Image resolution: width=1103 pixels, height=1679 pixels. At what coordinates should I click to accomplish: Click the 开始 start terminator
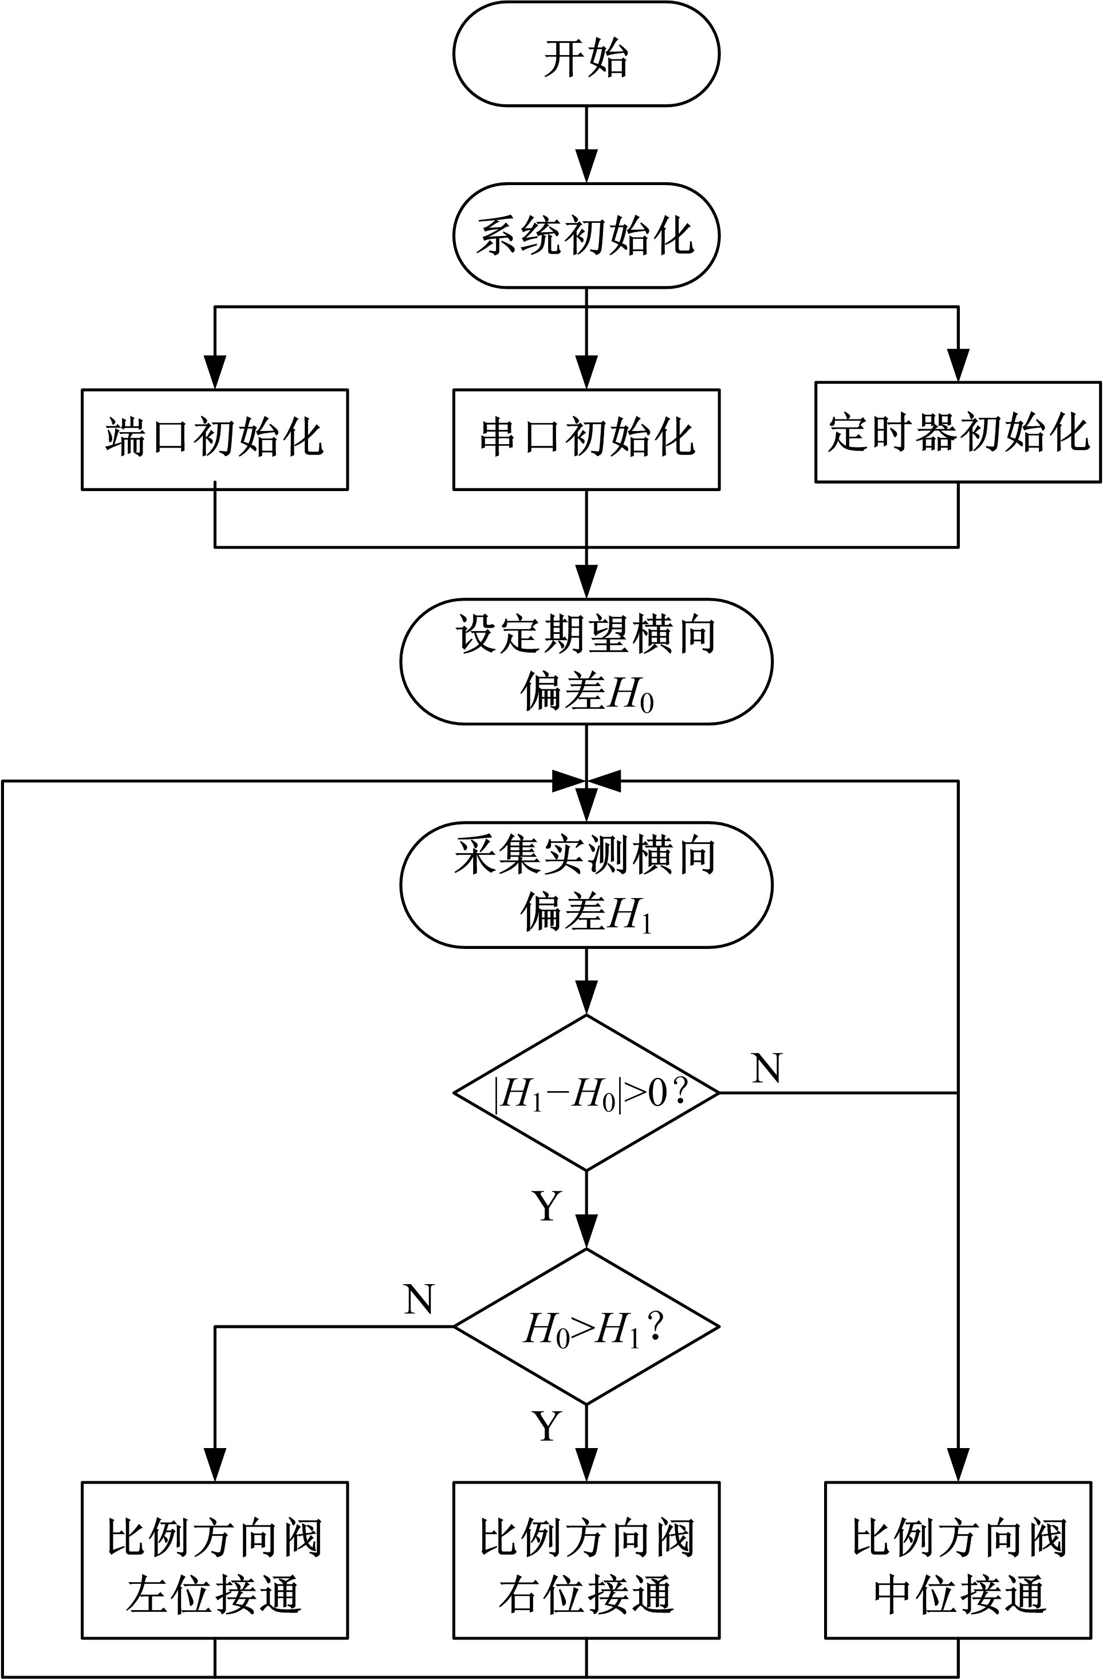pyautogui.click(x=586, y=54)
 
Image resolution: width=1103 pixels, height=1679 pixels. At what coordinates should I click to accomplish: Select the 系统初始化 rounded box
pyautogui.click(x=586, y=235)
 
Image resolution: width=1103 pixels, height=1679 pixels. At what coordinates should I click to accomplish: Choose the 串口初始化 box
pyautogui.click(x=586, y=439)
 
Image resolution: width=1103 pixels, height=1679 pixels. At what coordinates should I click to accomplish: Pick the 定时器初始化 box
pyautogui.click(x=958, y=433)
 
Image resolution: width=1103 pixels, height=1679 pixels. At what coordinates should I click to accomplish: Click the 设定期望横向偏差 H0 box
pyautogui.click(x=586, y=661)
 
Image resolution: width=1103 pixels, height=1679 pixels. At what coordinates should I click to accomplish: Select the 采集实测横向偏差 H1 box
pyautogui.click(x=586, y=884)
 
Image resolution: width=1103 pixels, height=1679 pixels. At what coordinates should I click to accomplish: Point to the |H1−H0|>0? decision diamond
pyautogui.click(x=586, y=1093)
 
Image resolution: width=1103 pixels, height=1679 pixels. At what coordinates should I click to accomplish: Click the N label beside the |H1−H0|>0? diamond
pyautogui.click(x=767, y=1068)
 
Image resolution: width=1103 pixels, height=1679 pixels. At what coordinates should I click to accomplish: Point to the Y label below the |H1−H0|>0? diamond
pyautogui.click(x=547, y=1206)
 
